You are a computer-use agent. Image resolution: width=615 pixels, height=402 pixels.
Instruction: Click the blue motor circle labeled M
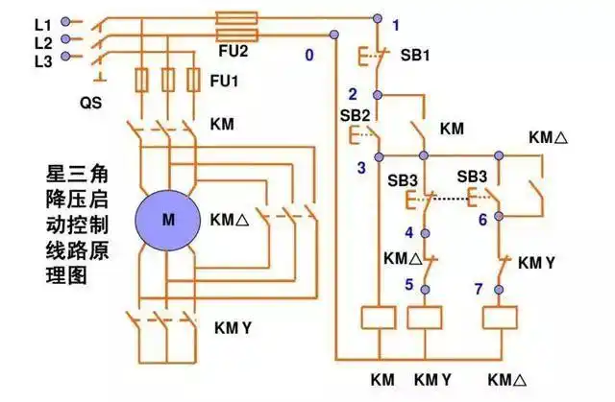168,219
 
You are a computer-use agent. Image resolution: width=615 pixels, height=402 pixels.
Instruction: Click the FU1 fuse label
224,83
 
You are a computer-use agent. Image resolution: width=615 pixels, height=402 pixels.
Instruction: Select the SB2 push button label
355,115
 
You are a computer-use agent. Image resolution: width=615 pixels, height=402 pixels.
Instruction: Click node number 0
309,56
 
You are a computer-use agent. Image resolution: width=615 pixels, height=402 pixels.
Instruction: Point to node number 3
361,169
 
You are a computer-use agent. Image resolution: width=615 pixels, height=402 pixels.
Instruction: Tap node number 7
478,288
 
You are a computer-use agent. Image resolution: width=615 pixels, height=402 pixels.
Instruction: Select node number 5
407,284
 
